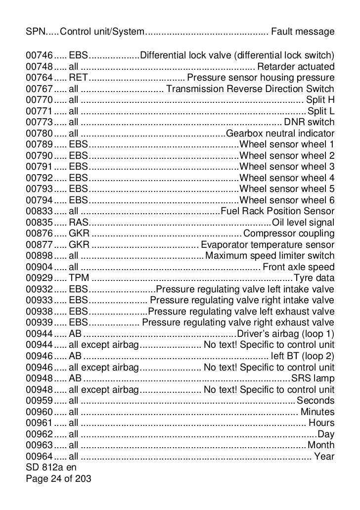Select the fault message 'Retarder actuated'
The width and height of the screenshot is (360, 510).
(296, 66)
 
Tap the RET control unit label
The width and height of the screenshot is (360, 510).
(78, 78)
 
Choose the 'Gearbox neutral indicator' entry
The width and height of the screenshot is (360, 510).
(280, 134)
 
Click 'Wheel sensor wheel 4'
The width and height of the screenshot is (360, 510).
(287, 178)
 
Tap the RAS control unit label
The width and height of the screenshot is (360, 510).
(78, 223)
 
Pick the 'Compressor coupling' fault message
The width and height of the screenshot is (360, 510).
(289, 233)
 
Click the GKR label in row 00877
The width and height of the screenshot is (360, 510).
(79, 245)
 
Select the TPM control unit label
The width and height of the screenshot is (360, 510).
(79, 278)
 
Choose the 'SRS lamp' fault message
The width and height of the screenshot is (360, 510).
(313, 378)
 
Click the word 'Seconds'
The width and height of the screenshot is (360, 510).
(315, 401)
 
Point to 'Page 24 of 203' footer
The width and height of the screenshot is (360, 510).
(58, 478)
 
